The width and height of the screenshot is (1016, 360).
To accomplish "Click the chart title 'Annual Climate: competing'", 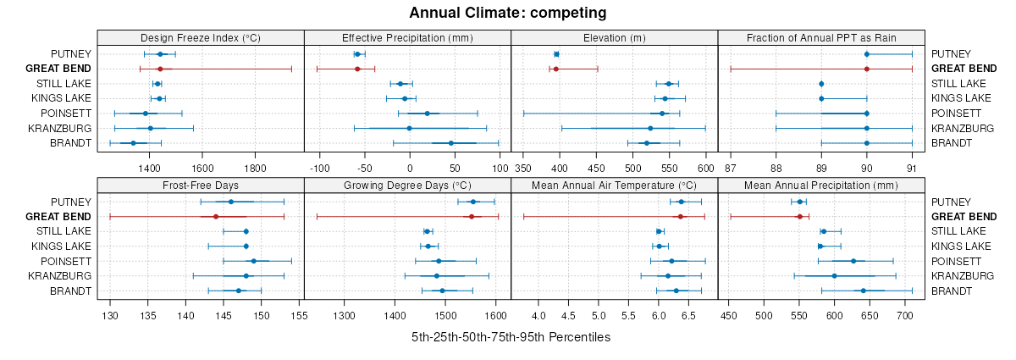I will (x=508, y=13).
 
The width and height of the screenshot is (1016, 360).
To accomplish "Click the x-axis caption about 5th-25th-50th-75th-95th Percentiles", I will (x=511, y=337).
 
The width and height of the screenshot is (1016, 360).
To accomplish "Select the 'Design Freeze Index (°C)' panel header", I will (x=201, y=37).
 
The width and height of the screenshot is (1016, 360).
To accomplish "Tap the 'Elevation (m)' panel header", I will (x=615, y=37).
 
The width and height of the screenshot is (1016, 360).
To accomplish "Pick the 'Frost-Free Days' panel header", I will (x=201, y=186).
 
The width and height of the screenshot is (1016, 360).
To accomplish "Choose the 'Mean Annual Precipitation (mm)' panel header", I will (x=821, y=186).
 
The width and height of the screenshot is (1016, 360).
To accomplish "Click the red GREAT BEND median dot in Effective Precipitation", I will (x=357, y=69).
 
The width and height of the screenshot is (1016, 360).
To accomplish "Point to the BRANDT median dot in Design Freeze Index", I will (x=133, y=143).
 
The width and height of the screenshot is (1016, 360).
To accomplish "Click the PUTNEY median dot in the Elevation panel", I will (x=556, y=54).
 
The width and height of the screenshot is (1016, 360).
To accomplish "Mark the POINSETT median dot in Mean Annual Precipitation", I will (x=853, y=261).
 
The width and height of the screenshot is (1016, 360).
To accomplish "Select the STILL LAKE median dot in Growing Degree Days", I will (x=427, y=231).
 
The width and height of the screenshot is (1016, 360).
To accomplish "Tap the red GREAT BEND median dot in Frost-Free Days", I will (x=216, y=217).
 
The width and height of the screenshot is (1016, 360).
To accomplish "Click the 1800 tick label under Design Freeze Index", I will (x=256, y=155).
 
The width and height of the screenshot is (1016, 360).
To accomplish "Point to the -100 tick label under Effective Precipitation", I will (x=320, y=155).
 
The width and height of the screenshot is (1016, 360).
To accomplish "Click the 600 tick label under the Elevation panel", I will (x=706, y=155).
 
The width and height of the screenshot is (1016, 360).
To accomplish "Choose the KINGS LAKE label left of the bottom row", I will (x=62, y=246).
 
